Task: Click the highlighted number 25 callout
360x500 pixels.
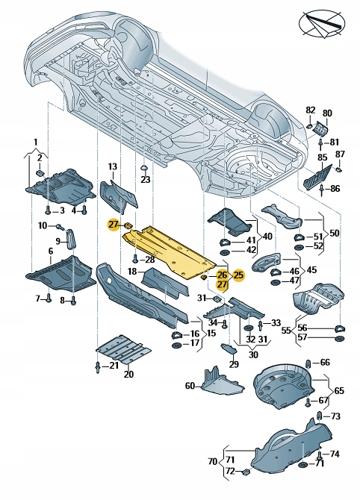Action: (x=238, y=275)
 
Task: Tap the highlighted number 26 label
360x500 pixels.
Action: (x=222, y=275)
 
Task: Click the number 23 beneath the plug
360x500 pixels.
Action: (x=145, y=180)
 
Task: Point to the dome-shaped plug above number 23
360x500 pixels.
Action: (x=143, y=168)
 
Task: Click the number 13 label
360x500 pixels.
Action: (x=113, y=166)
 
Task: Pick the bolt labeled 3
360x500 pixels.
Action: (x=49, y=210)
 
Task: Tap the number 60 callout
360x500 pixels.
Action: (x=190, y=386)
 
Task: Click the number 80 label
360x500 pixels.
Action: (x=327, y=113)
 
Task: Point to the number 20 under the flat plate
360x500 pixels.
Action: (x=128, y=373)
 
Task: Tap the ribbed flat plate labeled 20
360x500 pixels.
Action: (x=123, y=349)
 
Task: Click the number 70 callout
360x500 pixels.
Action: (x=212, y=461)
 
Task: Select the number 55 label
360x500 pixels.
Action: (x=286, y=331)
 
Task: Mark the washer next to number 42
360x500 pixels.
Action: (x=225, y=253)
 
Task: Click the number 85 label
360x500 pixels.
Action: (x=323, y=157)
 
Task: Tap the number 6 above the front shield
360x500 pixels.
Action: (x=51, y=251)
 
